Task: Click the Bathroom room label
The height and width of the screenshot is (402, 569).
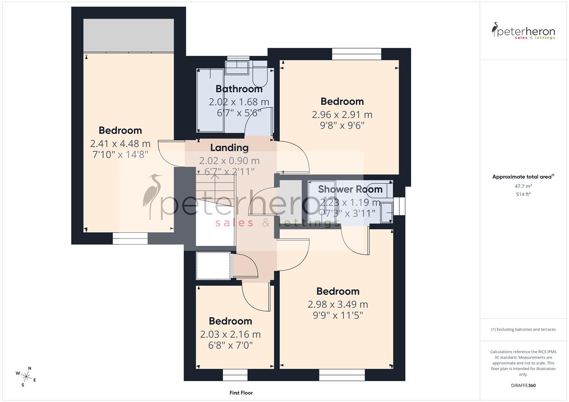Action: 239,89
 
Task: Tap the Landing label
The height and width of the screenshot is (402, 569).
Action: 229,148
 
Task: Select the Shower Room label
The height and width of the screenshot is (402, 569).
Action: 350,189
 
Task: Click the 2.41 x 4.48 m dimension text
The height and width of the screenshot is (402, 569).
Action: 120,144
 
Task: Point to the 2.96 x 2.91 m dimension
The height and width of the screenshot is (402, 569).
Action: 342,115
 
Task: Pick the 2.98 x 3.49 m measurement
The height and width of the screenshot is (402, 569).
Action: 338,304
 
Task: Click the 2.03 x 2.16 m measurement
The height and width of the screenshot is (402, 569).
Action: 230,334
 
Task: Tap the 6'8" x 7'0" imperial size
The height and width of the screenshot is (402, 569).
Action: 230,345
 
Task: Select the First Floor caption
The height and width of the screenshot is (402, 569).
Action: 241,393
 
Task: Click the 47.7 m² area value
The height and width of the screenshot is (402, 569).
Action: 523,186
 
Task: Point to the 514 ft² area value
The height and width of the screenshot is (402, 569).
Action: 523,194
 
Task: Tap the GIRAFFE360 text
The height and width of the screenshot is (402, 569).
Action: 523,386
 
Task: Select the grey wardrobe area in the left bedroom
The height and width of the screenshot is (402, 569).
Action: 128,35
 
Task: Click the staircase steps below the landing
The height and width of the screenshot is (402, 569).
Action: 215,186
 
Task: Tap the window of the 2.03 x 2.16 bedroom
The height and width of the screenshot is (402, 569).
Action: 235,375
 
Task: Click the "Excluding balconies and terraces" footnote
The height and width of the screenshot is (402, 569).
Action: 523,329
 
